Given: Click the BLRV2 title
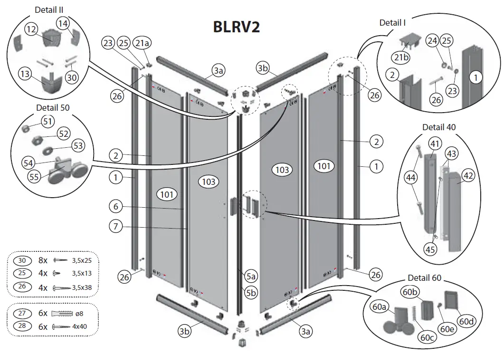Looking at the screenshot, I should pyautogui.click(x=236, y=27).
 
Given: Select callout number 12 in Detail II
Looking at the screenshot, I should pyautogui.click(x=32, y=29).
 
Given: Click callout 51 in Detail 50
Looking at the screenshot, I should pyautogui.click(x=48, y=122).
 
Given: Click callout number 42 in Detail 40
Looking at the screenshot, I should pyautogui.click(x=468, y=175).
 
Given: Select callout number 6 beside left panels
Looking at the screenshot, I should pyautogui.click(x=115, y=207).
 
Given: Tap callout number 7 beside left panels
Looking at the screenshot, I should pyautogui.click(x=115, y=226).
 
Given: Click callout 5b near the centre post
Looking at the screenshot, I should pyautogui.click(x=251, y=292).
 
